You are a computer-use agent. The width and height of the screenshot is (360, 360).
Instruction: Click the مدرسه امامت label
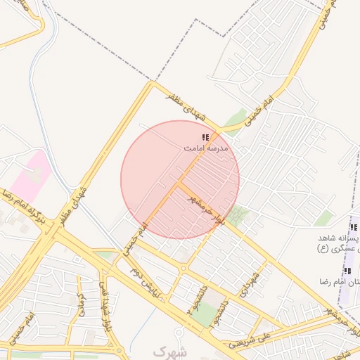[206, 149]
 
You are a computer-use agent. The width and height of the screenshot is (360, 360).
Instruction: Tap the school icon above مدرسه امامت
[205, 138]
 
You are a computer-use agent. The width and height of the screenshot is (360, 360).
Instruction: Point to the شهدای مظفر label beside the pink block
[76, 201]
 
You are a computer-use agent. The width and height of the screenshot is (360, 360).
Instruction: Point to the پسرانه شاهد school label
[335, 239]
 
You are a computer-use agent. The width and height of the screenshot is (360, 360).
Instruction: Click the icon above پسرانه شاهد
[353, 228]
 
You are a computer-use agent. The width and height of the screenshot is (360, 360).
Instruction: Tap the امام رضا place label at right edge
[345, 282]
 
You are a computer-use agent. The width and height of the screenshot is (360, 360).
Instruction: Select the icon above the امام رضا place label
[347, 271]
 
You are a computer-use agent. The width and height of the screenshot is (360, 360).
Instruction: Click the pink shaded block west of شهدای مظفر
[32, 176]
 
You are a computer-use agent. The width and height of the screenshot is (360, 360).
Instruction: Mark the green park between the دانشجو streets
[205, 316]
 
